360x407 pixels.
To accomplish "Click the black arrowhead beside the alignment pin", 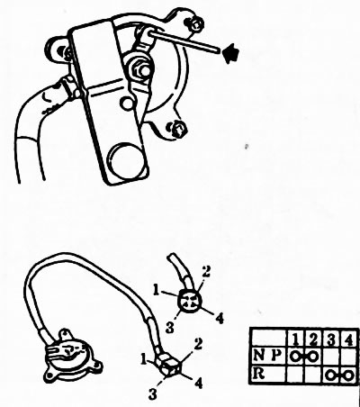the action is click(x=230, y=53).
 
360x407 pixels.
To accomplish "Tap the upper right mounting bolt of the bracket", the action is click(x=195, y=23).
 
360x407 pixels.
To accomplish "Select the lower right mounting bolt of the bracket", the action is click(x=178, y=130).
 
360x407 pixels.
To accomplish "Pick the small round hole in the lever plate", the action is click(x=127, y=104).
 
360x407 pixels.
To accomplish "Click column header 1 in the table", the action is click(x=295, y=339).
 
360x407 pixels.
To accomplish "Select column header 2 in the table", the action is click(x=313, y=339).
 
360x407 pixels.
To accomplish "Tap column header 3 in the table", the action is click(x=331, y=340).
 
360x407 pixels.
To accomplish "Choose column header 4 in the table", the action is click(x=348, y=340).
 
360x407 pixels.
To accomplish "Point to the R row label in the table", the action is click(x=259, y=374).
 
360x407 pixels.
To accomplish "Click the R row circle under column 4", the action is click(x=348, y=375).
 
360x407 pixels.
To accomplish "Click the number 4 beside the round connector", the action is click(x=220, y=318).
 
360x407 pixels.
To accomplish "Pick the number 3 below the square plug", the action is click(x=153, y=393).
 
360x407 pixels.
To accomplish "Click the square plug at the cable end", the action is click(x=169, y=364).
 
